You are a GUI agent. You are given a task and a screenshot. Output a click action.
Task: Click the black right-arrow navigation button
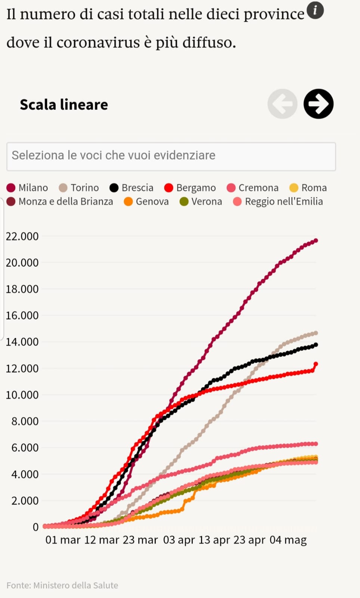tap(318, 104)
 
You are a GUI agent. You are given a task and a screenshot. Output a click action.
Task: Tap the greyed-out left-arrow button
tap(282, 104)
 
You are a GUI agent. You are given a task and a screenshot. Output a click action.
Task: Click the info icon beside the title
tap(315, 10)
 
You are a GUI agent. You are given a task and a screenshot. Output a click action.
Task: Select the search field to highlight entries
tap(171, 156)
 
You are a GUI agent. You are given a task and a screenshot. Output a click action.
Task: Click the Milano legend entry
tap(27, 188)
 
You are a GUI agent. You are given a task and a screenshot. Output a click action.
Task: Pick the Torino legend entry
tap(79, 188)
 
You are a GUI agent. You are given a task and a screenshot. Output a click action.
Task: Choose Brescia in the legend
tap(132, 188)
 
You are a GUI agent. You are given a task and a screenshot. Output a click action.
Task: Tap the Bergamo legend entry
tap(190, 188)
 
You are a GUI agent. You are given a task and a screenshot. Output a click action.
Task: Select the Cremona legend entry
tap(253, 188)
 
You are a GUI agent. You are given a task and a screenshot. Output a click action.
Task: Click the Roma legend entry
tap(308, 188)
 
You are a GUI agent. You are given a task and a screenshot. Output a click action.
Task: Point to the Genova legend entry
tap(146, 201)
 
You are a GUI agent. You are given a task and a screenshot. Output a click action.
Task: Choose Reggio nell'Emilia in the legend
tap(278, 201)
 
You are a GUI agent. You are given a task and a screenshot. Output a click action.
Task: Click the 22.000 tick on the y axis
tap(22, 236)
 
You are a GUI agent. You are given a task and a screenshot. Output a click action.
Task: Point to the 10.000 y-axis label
tap(22, 395)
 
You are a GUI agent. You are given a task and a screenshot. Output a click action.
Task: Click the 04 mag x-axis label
tap(288, 540)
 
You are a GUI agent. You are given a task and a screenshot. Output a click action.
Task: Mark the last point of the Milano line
tap(316, 241)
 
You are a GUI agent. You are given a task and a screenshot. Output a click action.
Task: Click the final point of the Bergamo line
tap(316, 364)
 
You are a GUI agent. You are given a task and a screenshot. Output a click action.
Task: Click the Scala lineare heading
tap(64, 105)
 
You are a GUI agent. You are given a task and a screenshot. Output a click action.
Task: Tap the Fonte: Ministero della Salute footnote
tap(62, 585)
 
